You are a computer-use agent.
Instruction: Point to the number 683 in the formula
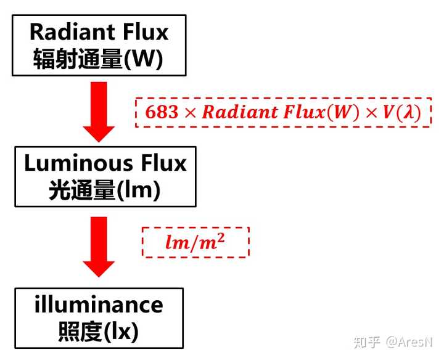tap(158, 113)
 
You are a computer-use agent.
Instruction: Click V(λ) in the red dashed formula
tap(405, 113)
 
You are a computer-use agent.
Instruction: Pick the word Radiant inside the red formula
tap(234, 113)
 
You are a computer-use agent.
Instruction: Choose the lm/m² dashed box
tap(195, 242)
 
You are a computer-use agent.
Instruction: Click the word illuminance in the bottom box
tap(99, 305)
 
